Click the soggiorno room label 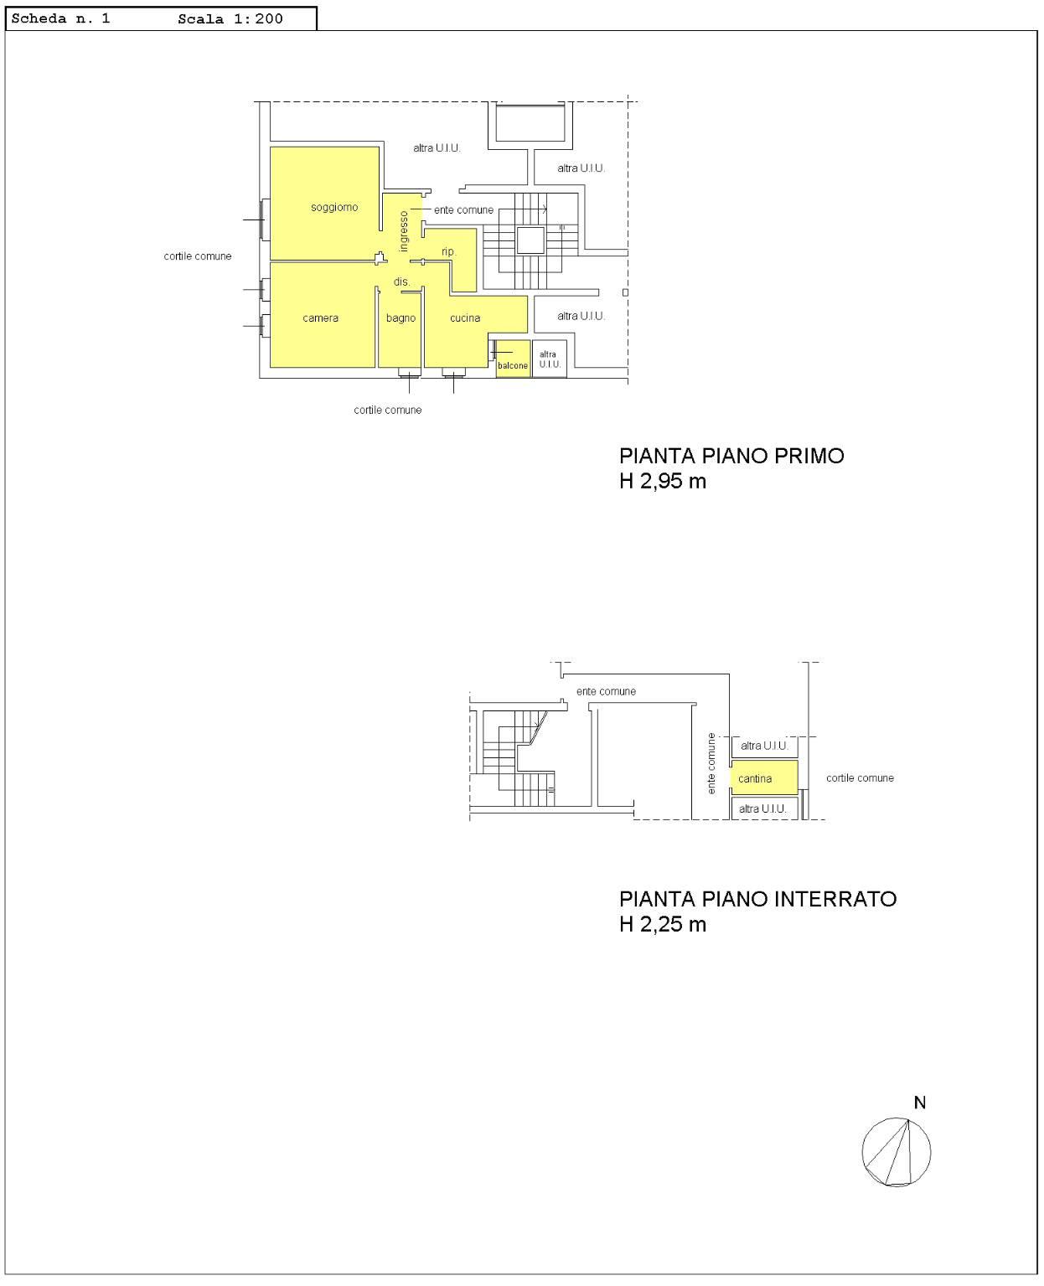pyautogui.click(x=334, y=207)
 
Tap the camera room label pyautogui.click(x=320, y=318)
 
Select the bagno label pyautogui.click(x=401, y=318)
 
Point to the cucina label pyautogui.click(x=465, y=318)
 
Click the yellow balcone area pyautogui.click(x=513, y=359)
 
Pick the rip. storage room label pyautogui.click(x=448, y=252)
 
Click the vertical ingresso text pyautogui.click(x=404, y=231)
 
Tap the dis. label pyautogui.click(x=401, y=282)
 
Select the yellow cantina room pyautogui.click(x=764, y=777)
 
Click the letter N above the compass pyautogui.click(x=919, y=1103)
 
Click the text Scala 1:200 pyautogui.click(x=230, y=18)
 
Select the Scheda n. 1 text pyautogui.click(x=60, y=18)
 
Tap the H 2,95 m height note pyautogui.click(x=663, y=481)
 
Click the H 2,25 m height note pyautogui.click(x=663, y=924)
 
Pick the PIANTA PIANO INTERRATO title pyautogui.click(x=757, y=899)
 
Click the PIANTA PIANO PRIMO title pyautogui.click(x=731, y=456)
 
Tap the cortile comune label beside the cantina pyautogui.click(x=859, y=777)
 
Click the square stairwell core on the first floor pyautogui.click(x=530, y=240)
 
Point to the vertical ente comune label pyautogui.click(x=711, y=763)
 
